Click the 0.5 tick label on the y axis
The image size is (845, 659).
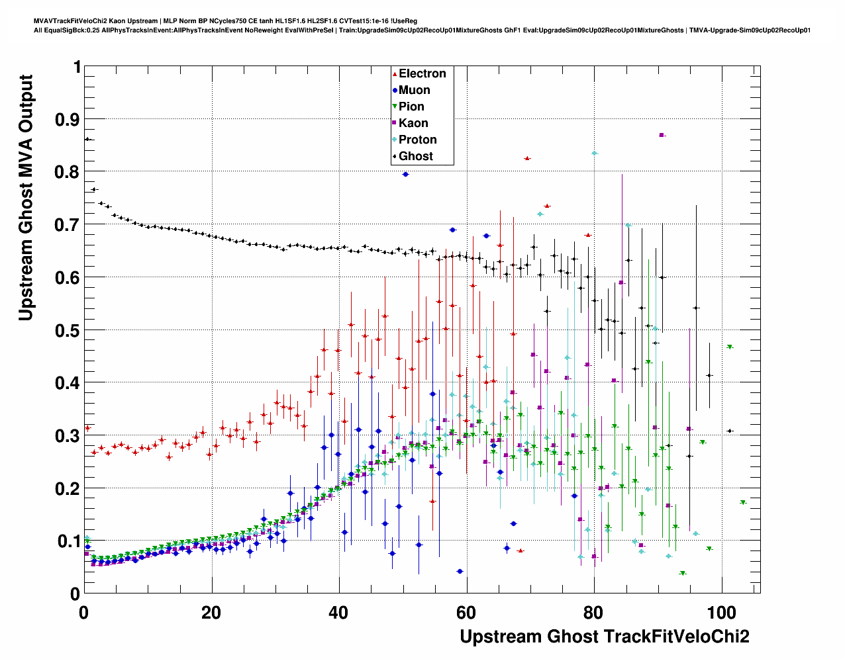(64, 330)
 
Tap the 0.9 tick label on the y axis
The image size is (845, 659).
(64, 119)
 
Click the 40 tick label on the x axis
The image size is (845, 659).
(338, 612)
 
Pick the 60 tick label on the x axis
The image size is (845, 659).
(466, 612)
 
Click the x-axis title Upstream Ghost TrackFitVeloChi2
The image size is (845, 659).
(605, 637)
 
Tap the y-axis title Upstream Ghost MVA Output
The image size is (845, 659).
(25, 198)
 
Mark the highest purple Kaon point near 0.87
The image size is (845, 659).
(662, 135)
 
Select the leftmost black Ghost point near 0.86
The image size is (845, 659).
(87, 139)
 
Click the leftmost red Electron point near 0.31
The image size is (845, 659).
(87, 428)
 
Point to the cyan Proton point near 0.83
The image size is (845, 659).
(595, 154)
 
